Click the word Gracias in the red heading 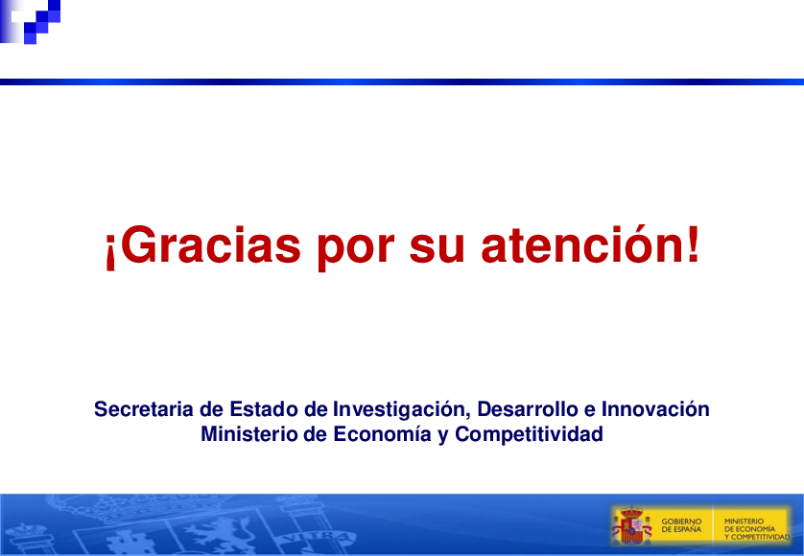210,245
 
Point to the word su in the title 437,249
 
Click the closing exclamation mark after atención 693,243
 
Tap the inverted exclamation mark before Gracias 109,251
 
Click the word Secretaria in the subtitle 144,409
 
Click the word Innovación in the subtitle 655,409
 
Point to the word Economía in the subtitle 382,434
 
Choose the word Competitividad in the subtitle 529,435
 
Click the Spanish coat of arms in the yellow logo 631,524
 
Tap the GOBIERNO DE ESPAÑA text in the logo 681,525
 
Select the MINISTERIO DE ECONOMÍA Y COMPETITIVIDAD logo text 757,529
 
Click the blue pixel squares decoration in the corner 31,21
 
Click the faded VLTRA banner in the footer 318,539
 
